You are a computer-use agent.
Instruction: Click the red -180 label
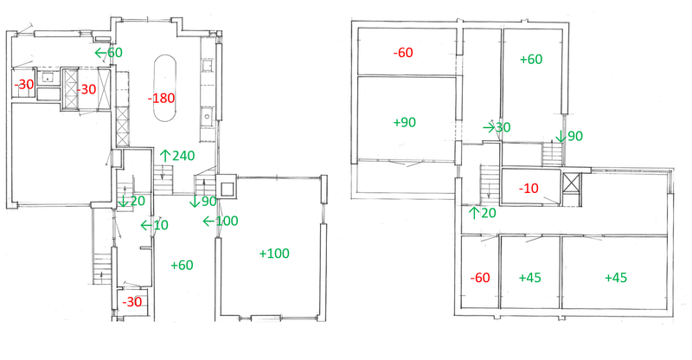[161, 98]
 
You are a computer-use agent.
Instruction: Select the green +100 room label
[274, 254]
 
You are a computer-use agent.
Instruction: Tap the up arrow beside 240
[165, 156]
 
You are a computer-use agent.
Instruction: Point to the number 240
[183, 156]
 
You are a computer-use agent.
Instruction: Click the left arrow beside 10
[146, 225]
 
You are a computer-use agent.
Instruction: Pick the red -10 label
[529, 189]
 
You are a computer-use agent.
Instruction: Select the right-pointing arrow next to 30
[489, 128]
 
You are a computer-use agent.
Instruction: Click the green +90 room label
[404, 122]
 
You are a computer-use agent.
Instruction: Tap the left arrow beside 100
[208, 221]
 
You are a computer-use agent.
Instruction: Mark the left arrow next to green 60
[100, 53]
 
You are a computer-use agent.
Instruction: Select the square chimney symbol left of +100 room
[227, 185]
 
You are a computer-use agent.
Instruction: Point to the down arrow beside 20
[124, 201]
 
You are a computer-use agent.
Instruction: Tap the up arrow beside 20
[474, 213]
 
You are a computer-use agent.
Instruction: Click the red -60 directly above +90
[403, 53]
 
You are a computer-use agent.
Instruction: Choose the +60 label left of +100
[182, 265]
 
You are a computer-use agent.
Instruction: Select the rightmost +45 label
[616, 278]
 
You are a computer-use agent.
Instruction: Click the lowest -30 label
[132, 302]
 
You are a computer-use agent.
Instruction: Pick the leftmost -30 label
[24, 84]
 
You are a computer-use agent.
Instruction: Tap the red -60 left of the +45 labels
[480, 278]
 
